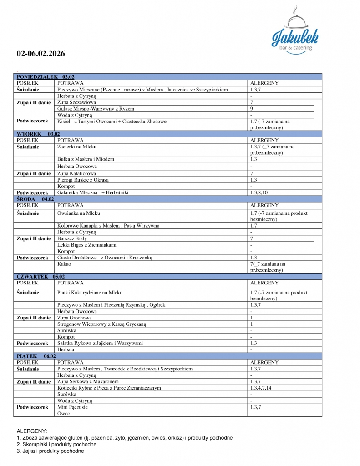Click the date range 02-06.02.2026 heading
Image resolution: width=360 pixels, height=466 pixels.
click(41, 53)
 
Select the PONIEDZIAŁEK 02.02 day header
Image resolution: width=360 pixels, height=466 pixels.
click(46, 77)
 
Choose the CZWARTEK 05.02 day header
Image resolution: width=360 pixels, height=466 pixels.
click(41, 276)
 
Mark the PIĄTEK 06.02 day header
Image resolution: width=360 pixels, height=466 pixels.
click(36, 355)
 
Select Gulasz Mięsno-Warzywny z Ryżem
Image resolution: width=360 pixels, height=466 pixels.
click(96, 109)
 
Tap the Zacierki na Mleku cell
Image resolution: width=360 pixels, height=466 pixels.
click(77, 147)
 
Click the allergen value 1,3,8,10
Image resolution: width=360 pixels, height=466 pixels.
click(259, 193)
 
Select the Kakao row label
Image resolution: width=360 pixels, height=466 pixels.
click(64, 264)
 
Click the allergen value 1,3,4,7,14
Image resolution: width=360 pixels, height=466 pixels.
click(264, 388)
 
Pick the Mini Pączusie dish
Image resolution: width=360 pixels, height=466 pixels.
click(72, 407)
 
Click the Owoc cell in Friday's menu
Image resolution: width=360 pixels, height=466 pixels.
click(63, 414)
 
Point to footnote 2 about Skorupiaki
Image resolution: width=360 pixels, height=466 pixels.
click(56, 444)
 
